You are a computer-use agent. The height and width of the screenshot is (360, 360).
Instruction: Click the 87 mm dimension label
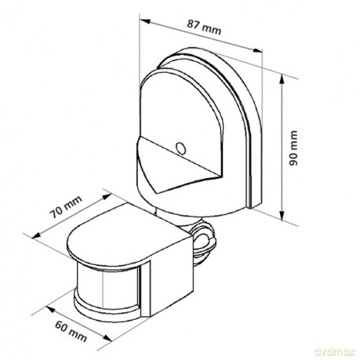(204, 27)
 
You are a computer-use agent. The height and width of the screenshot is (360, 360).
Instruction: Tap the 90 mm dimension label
(293, 148)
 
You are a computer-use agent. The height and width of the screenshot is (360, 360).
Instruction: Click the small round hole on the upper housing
(180, 148)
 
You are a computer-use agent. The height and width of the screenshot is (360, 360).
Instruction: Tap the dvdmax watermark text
(334, 351)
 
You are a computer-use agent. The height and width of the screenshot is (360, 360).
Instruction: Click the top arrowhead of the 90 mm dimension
(282, 79)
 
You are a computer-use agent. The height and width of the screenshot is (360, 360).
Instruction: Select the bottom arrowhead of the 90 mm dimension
(282, 216)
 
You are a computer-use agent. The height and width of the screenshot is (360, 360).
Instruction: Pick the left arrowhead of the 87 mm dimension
(144, 21)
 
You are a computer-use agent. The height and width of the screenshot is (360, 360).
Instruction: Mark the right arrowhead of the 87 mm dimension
(257, 51)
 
